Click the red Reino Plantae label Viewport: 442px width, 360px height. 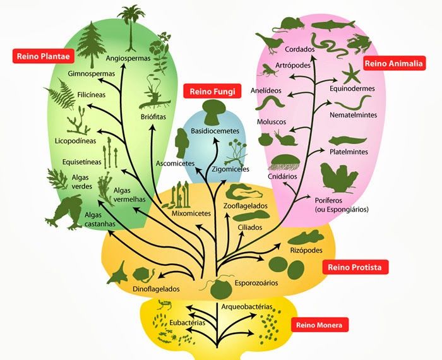coord(44,56)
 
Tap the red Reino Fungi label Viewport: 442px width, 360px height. coord(212,92)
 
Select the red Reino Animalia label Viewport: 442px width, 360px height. coord(394,63)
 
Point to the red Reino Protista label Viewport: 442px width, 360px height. coord(355,267)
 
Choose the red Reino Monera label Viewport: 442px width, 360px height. coord(319,325)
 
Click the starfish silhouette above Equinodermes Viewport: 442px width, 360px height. coord(351,73)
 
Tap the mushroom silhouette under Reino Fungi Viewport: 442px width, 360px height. coord(213,112)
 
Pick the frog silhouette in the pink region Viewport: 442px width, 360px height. coord(359,44)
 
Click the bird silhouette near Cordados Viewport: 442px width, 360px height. coord(269,43)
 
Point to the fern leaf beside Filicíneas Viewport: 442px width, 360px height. coord(60,93)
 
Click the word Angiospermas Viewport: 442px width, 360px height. coord(128,58)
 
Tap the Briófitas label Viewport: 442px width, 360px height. coord(153,116)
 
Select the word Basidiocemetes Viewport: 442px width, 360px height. coord(215,131)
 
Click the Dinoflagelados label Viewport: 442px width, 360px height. coord(156,289)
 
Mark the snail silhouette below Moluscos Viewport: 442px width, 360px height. coord(285,138)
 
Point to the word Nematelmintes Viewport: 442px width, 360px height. coord(353,115)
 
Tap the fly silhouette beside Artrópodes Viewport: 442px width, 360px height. coord(268,71)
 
